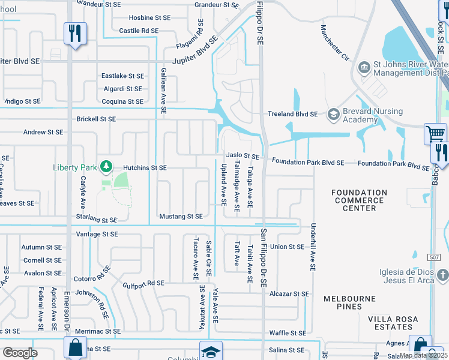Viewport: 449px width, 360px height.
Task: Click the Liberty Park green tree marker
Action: click(106, 166)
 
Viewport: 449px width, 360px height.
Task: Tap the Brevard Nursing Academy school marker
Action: click(333, 114)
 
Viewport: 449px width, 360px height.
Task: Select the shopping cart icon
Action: click(435, 133)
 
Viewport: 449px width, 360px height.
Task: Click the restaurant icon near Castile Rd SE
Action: click(75, 33)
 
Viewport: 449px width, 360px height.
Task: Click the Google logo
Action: click(20, 352)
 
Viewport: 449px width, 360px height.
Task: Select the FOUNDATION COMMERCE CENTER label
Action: click(360, 200)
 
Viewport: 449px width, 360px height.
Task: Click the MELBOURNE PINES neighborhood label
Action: click(349, 302)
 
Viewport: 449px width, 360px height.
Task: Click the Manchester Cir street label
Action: click(334, 43)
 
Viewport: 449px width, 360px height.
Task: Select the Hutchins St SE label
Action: click(145, 168)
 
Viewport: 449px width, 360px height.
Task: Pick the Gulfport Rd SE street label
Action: click(143, 283)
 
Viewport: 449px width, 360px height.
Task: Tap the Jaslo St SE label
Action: click(242, 156)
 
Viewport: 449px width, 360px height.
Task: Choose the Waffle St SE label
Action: click(288, 332)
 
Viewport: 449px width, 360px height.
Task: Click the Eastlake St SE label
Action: click(122, 76)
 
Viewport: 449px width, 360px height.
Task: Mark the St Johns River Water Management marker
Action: click(364, 67)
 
